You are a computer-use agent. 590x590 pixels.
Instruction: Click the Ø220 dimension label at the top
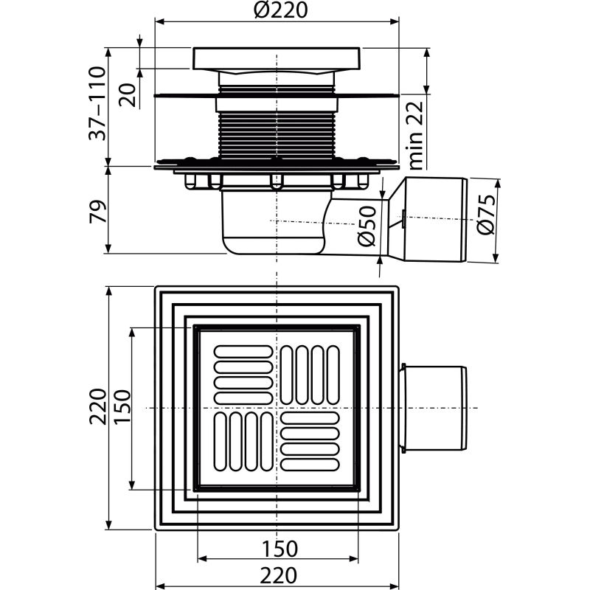click(277, 11)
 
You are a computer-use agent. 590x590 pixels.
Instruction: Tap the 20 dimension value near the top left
click(128, 94)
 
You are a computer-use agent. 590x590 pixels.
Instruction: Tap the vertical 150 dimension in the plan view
click(121, 408)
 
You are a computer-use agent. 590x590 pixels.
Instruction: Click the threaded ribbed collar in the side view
click(277, 136)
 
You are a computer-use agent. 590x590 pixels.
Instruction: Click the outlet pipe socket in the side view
click(435, 219)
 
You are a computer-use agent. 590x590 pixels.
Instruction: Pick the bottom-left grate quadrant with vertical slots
click(243, 442)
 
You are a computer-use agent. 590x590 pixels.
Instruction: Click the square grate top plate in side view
click(277, 58)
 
